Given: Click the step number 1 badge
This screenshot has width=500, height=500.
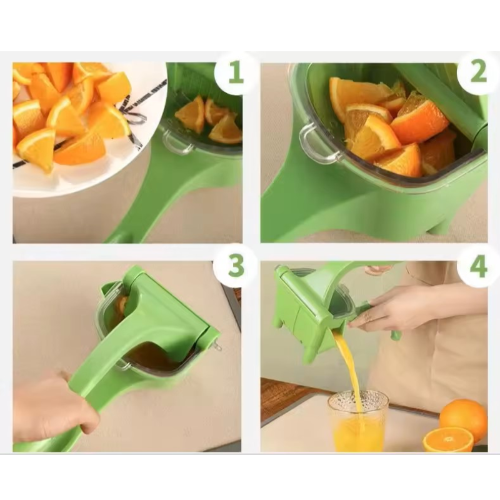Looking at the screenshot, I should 236,73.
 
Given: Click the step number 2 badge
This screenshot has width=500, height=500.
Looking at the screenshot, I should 478,73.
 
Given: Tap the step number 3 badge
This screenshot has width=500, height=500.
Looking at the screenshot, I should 236,266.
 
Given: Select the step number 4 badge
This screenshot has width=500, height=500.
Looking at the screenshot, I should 478,266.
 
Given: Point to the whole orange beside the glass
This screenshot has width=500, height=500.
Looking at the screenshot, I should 463,417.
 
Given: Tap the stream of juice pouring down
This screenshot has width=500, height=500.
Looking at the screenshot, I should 350,369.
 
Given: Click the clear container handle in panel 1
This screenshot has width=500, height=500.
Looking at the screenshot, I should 177,143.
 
